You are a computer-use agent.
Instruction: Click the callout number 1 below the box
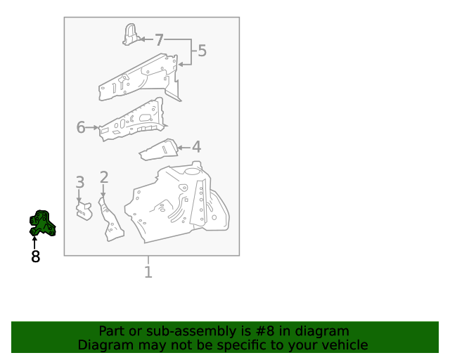(x=148, y=271)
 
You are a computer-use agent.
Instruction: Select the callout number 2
(x=104, y=178)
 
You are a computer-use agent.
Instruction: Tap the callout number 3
(x=80, y=183)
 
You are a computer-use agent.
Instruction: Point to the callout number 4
(x=196, y=147)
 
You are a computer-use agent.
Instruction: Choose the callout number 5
(x=202, y=51)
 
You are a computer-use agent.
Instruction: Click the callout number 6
(x=81, y=127)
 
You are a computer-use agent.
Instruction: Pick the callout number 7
(x=159, y=40)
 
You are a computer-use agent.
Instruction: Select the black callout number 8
(x=35, y=257)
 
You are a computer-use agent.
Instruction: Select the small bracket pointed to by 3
(x=84, y=210)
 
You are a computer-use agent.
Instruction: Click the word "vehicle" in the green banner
(x=343, y=345)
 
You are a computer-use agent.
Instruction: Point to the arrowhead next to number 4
(x=180, y=148)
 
